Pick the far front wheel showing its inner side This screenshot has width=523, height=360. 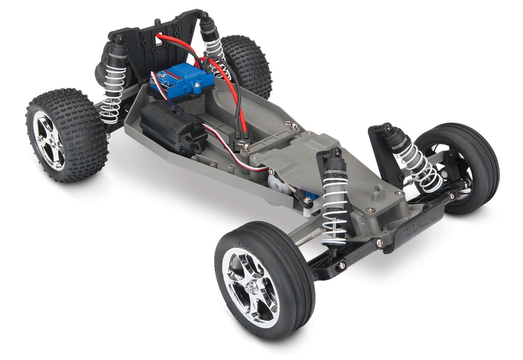[x=457, y=167]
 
